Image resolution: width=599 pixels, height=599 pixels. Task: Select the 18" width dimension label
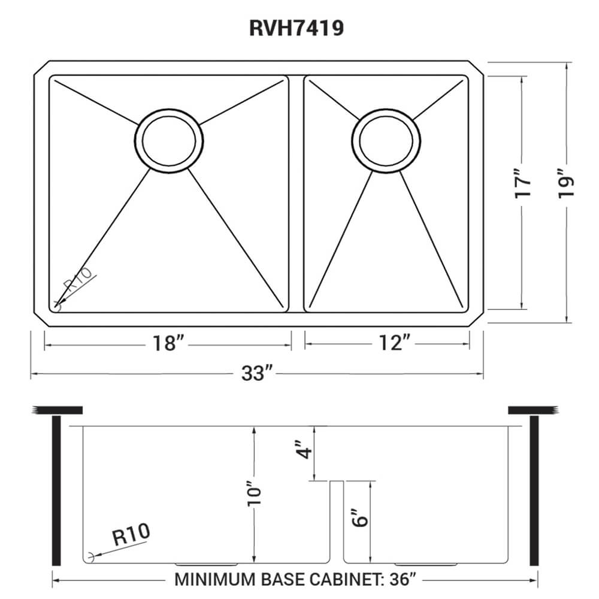pos(168,343)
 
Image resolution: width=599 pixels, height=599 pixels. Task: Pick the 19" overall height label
pos(567,186)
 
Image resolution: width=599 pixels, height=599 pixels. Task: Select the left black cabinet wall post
pos(57,490)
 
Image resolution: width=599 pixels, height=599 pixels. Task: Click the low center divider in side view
pos(335,521)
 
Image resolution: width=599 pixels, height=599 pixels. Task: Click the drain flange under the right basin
pos(426,564)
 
